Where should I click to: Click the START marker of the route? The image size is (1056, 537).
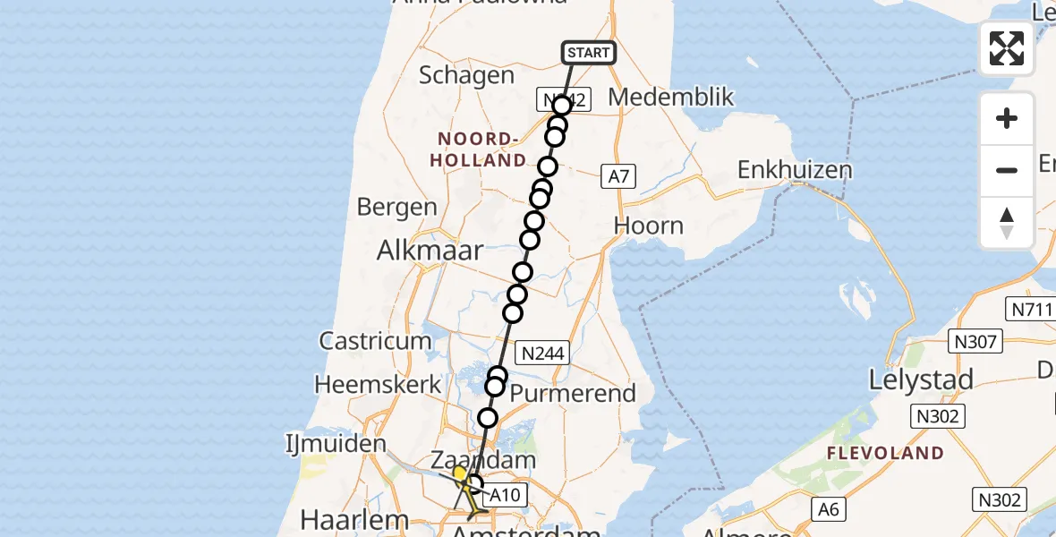[x=588, y=53]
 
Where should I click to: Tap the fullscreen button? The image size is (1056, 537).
[x=1007, y=48]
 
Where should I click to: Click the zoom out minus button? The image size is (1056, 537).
[x=1007, y=170]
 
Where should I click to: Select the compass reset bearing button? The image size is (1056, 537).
[x=1007, y=223]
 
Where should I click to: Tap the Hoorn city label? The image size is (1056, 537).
[x=649, y=226]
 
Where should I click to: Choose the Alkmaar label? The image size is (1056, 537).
[x=430, y=251]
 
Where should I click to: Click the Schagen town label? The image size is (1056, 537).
[x=466, y=76]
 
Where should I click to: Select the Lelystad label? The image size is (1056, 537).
[x=922, y=380]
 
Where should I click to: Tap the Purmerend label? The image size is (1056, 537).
[x=573, y=393]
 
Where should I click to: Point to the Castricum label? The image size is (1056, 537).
[x=376, y=341]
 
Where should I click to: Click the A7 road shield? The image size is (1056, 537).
[x=618, y=177]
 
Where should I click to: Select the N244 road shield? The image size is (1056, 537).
[x=542, y=354]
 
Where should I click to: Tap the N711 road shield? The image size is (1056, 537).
[x=1031, y=309]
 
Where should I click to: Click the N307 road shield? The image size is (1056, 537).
[x=979, y=341]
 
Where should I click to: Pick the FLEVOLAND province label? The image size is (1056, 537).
[x=886, y=453]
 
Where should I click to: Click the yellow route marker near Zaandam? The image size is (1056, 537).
[x=459, y=473]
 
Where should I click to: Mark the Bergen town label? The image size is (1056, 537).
[x=396, y=208]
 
